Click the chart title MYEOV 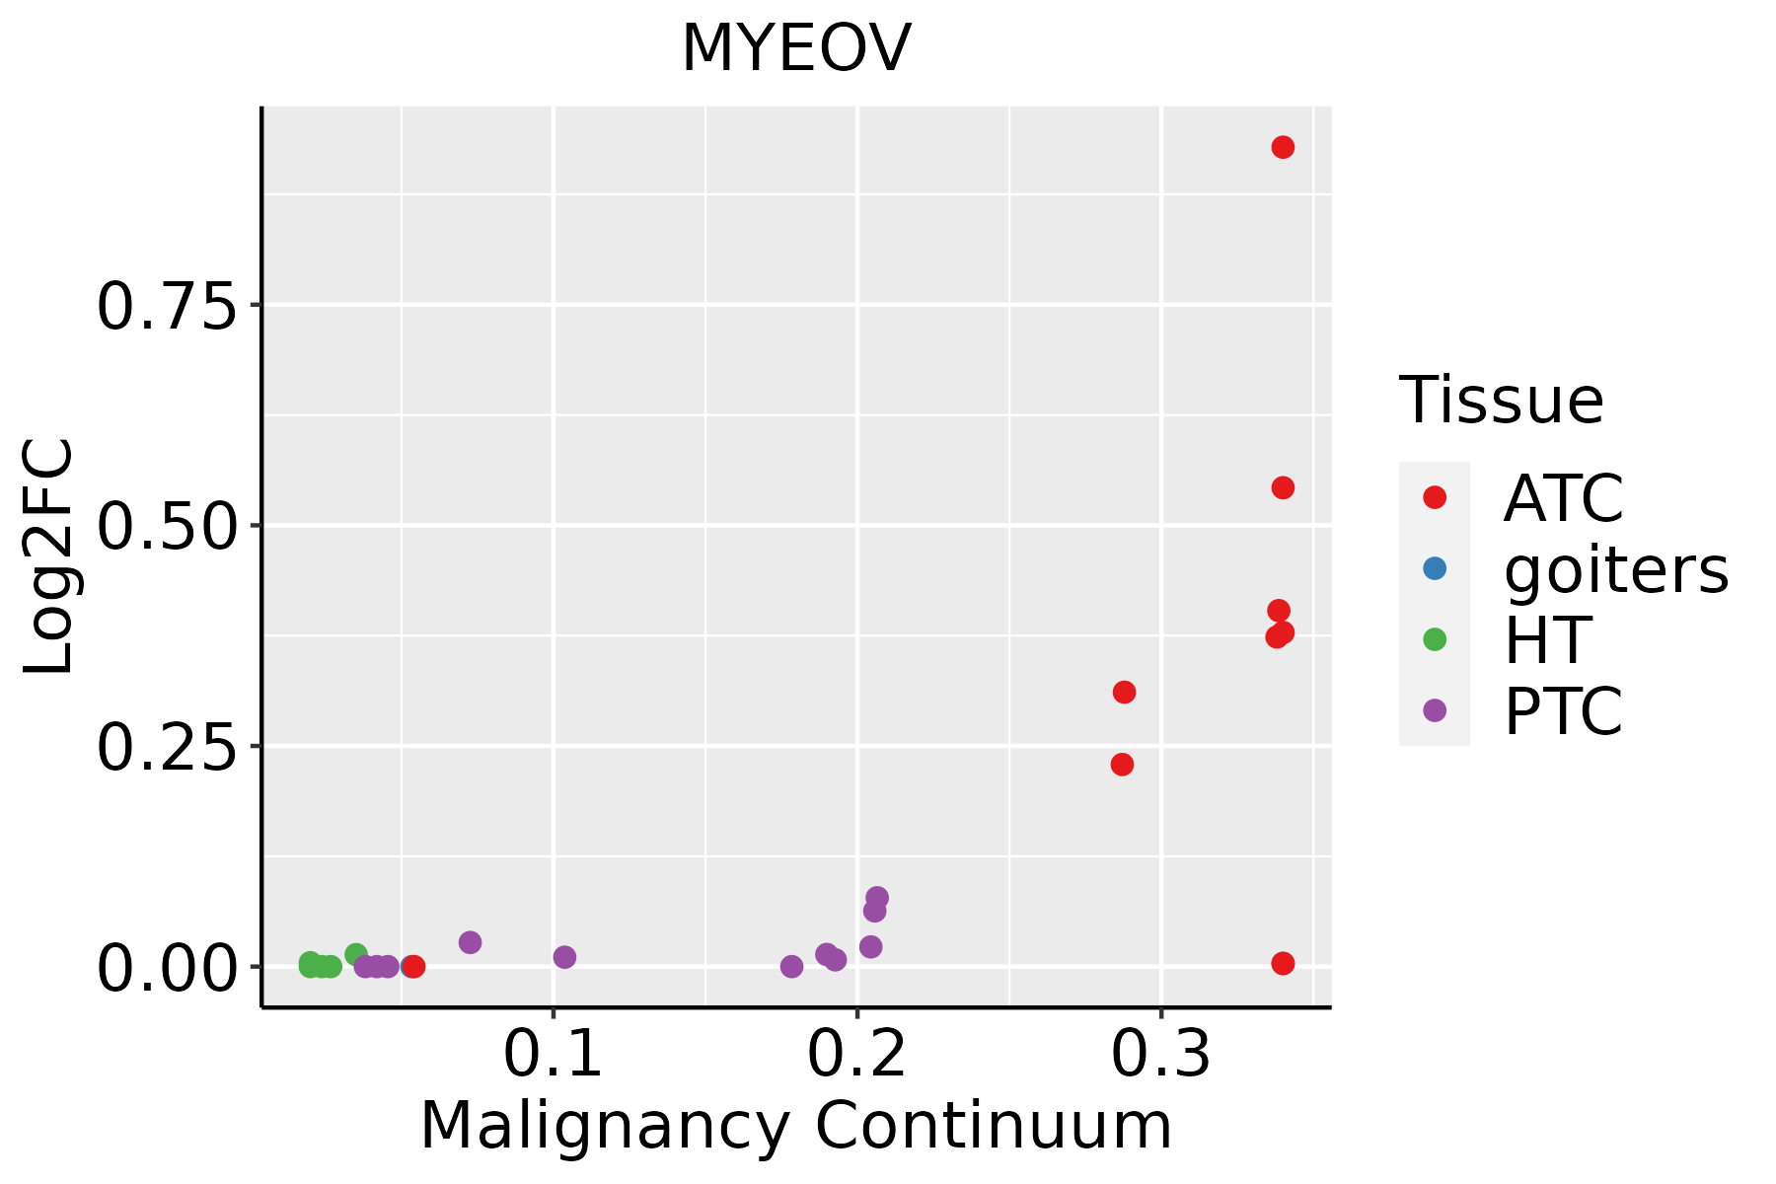796,48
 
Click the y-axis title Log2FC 49,557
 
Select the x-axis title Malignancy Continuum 796,1126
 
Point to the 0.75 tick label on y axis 167,306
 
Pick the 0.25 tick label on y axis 167,747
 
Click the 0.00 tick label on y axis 167,968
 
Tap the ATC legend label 1563,498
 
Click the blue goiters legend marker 1435,568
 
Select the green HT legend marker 1435,639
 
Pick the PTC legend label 1563,711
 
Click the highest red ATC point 1283,147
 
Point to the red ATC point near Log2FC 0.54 1283,487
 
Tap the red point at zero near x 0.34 1283,963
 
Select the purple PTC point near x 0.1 564,957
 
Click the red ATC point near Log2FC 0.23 1122,764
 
